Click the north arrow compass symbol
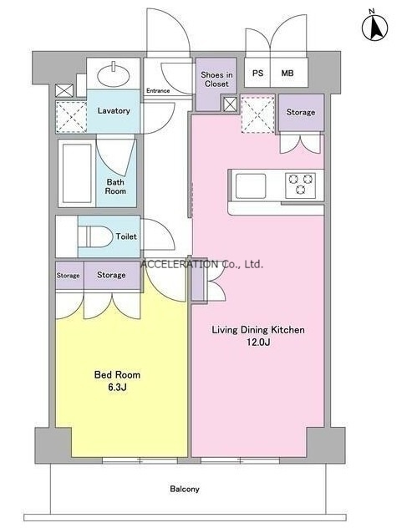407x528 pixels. [x=374, y=26]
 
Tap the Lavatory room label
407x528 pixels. [x=114, y=110]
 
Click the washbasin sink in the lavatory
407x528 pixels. [x=113, y=74]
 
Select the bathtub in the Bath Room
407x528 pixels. [x=77, y=173]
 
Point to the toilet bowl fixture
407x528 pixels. [x=95, y=236]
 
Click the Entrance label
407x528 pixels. [x=158, y=90]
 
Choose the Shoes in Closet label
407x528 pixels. [x=216, y=79]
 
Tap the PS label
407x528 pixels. [x=257, y=73]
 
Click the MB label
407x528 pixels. [x=287, y=73]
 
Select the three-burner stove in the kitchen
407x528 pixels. [x=301, y=185]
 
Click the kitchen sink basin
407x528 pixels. [x=251, y=185]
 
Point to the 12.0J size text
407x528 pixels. [x=258, y=343]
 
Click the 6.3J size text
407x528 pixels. [x=117, y=388]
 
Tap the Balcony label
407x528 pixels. [x=185, y=489]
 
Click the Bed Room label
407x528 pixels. [x=117, y=374]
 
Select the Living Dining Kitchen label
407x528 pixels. [x=258, y=330]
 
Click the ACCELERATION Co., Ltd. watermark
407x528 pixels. [x=201, y=264]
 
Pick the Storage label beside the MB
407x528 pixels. [x=301, y=112]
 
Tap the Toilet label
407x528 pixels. [x=126, y=236]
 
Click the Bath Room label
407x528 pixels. [x=115, y=186]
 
